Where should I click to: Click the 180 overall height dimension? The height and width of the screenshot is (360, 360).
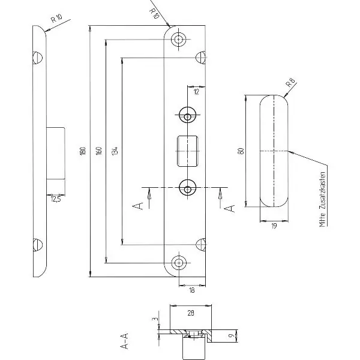83,151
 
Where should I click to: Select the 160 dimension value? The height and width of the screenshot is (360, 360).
99,151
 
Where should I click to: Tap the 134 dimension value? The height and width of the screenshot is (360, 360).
115,151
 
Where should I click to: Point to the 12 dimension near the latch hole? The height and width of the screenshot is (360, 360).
197,92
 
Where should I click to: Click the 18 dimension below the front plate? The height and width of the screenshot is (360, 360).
192,290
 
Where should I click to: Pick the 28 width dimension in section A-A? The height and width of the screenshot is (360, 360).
191,313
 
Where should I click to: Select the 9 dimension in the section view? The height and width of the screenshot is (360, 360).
232,335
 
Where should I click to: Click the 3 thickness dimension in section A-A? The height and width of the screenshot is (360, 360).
155,319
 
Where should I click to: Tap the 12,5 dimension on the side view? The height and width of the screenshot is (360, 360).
56,199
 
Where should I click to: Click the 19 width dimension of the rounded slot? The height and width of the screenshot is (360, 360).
274,226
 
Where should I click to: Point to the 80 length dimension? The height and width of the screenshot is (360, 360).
241,151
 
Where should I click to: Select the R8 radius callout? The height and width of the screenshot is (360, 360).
290,82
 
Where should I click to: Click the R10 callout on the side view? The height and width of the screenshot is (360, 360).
56,19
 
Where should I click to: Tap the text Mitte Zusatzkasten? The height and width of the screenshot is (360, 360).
323,199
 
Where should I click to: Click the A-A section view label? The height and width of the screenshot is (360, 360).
124,341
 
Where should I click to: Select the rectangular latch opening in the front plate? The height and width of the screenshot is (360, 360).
188,151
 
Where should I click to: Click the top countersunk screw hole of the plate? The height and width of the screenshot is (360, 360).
178,39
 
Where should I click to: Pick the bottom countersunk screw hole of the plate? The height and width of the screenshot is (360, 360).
178,262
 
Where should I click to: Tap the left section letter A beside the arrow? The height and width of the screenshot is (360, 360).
138,206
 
